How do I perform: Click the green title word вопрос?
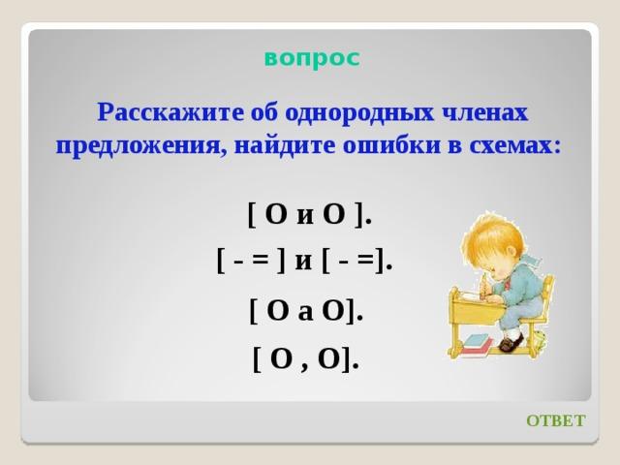tap(312, 59)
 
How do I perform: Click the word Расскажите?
tap(171, 112)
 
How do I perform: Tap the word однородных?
tap(358, 113)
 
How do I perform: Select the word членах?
tap(484, 113)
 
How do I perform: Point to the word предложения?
tap(141, 146)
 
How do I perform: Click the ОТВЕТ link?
tap(555, 420)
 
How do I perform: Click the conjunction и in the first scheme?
tap(304, 217)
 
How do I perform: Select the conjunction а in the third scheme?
tap(305, 313)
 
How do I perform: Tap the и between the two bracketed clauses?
tap(303, 263)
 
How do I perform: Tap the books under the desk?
tap(478, 345)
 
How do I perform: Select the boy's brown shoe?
tap(511, 341)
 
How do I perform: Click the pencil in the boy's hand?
tap(483, 287)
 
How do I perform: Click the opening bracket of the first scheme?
tap(251, 215)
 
